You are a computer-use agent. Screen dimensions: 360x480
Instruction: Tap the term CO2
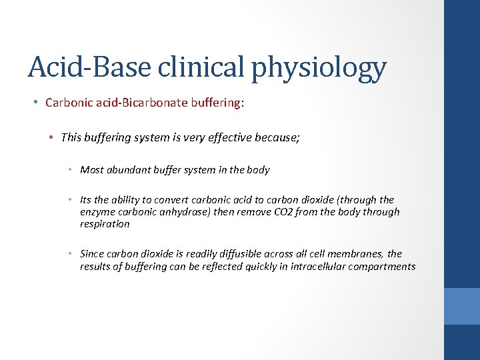click(301, 212)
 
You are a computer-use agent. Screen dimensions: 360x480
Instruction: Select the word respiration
click(105, 224)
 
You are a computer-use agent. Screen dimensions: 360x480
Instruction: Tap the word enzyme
click(95, 212)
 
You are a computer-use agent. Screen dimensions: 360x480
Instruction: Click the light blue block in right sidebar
click(462, 306)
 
